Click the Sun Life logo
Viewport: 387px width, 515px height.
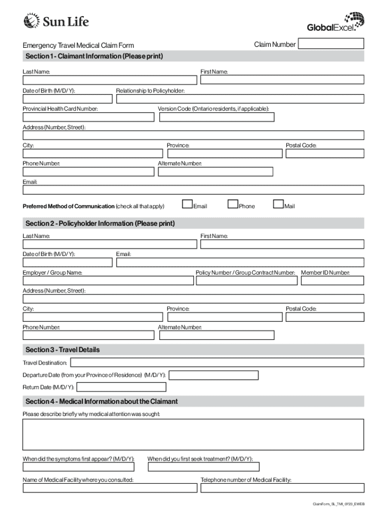tap(56, 21)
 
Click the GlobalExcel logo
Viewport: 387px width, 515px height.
tap(335, 22)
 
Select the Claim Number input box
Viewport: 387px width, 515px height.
tap(331, 44)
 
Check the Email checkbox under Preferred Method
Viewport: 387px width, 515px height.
tap(187, 204)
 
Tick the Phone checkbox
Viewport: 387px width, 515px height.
tap(233, 204)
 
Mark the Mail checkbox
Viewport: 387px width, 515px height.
tap(278, 204)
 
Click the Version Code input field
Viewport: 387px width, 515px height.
tap(217, 117)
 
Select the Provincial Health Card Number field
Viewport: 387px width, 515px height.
tap(88, 117)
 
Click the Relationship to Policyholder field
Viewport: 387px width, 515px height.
tap(240, 99)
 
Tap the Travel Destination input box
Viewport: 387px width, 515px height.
tap(217, 363)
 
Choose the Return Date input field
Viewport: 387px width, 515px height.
tap(121, 387)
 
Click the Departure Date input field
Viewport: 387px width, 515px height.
tap(214, 375)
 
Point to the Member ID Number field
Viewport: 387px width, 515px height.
tap(332, 281)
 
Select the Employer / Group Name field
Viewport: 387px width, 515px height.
tap(108, 281)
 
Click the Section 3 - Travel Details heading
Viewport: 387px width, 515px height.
tap(62, 350)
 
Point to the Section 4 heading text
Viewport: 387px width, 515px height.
tap(102, 401)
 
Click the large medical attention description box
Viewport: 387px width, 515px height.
tap(193, 435)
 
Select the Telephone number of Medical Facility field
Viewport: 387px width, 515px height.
tap(282, 488)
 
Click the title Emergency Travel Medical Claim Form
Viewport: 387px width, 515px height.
tap(78, 46)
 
